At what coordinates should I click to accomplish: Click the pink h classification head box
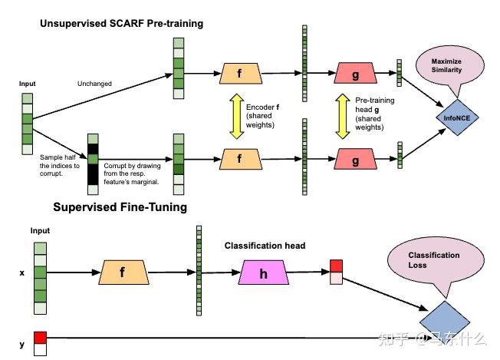tap(263, 272)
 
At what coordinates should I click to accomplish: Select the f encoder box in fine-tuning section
tap(122, 272)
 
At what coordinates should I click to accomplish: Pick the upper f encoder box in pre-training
tap(241, 74)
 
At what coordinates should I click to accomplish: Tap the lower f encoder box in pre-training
tap(241, 160)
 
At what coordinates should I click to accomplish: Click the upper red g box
tap(355, 74)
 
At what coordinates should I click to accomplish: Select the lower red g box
tap(355, 160)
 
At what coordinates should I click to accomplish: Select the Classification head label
tap(265, 246)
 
